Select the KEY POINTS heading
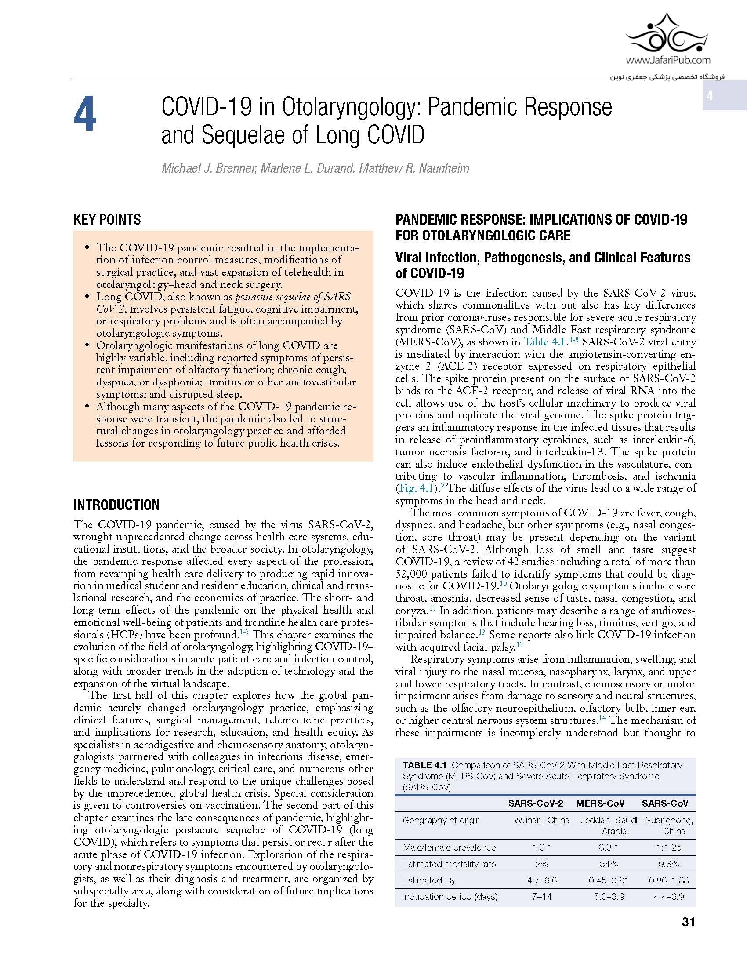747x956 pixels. [107, 220]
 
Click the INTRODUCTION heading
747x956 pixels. [116, 505]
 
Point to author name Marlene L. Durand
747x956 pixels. [307, 168]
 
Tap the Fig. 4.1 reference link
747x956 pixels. [416, 488]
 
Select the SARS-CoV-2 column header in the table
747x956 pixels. [535, 803]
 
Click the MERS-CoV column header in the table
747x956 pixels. [600, 803]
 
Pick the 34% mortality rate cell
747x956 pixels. [609, 864]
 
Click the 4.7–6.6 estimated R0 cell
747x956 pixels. [541, 880]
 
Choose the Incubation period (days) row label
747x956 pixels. [450, 897]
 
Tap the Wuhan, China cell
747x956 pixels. [541, 820]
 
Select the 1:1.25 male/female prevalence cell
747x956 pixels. [668, 847]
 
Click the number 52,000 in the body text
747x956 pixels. [416, 574]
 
